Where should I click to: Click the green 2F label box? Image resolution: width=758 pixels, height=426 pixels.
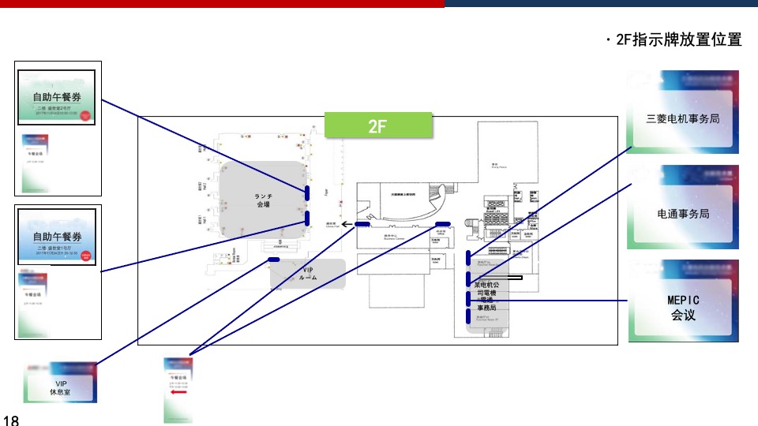click(378, 125)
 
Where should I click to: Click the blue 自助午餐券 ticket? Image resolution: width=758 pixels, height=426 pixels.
click(57, 236)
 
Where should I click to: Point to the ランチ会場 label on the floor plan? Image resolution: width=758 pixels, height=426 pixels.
click(263, 200)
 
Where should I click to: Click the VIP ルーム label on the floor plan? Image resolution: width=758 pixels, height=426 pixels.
click(308, 274)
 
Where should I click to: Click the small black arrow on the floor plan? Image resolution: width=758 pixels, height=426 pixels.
click(347, 225)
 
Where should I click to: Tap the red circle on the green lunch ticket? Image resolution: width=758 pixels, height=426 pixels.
click(88, 115)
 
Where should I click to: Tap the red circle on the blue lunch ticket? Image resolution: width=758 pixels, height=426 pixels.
click(88, 255)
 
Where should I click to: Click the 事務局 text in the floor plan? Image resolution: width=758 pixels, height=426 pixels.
click(486, 308)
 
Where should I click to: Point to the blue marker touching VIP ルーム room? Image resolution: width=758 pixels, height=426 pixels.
click(274, 259)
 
